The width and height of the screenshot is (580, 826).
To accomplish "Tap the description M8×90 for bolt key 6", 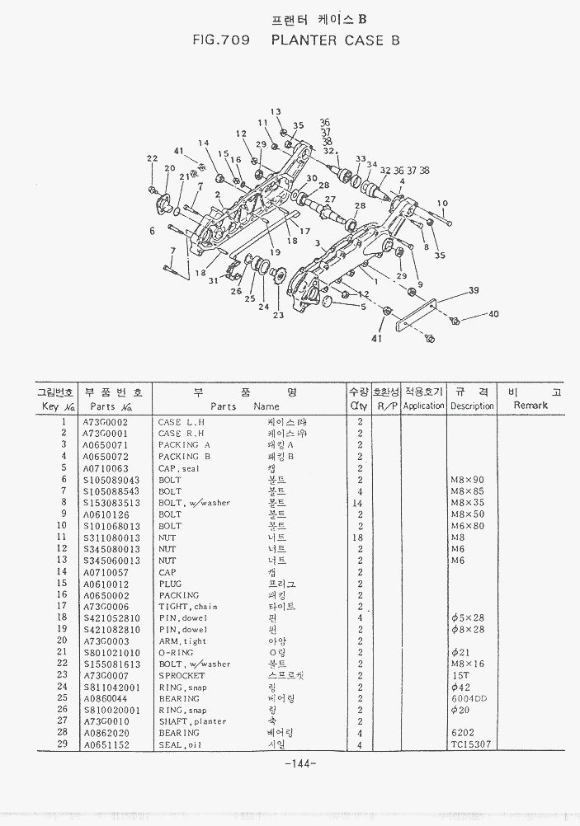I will (x=468, y=480).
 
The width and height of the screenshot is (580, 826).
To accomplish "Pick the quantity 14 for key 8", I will (x=358, y=503).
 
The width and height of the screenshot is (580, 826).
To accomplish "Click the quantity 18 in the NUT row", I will (x=358, y=537).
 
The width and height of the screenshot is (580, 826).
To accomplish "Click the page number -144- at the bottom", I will (x=300, y=764).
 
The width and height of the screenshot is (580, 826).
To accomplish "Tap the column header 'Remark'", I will (x=530, y=406).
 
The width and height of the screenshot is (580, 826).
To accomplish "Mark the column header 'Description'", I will (x=472, y=406).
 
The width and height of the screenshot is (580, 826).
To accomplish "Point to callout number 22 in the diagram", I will (x=152, y=158).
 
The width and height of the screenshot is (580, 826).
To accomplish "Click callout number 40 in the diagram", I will (x=494, y=314).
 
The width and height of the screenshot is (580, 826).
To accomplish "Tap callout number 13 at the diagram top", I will (x=276, y=112).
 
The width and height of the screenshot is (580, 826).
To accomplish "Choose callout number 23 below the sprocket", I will (x=278, y=315).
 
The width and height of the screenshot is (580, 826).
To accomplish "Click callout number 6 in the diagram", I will (x=152, y=232).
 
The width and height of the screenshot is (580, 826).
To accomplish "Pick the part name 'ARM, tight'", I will (x=182, y=641).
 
